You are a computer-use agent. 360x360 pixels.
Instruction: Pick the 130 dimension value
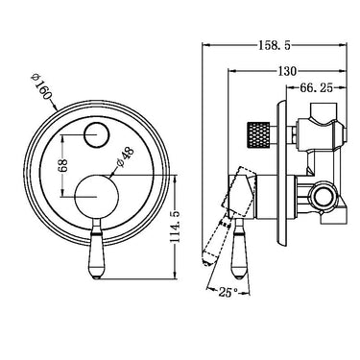(x=287, y=70)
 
